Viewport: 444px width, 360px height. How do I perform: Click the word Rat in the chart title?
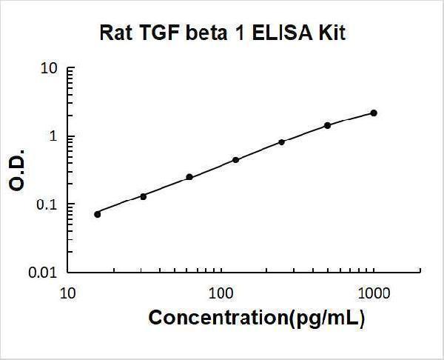[114, 33]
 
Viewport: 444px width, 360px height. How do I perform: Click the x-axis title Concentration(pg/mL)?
[257, 318]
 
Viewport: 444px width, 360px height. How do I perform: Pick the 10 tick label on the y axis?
[49, 69]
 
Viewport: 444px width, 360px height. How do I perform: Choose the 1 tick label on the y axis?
[54, 137]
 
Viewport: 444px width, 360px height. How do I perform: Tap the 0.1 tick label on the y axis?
[47, 204]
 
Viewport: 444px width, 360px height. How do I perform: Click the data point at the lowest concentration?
[98, 214]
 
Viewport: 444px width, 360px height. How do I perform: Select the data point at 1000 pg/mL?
[374, 113]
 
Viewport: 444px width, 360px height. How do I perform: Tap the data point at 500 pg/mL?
[328, 125]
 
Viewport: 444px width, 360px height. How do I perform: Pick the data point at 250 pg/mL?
[282, 141]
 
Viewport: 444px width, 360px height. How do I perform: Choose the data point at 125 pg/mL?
[235, 159]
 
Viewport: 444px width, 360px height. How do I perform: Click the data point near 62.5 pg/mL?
[189, 177]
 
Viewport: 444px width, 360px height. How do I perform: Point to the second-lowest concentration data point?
[143, 196]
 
